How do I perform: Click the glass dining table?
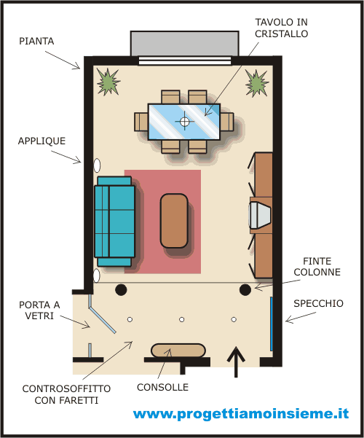pyautogui.click(x=184, y=122)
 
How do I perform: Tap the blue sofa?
pyautogui.click(x=115, y=222)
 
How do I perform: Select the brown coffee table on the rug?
pyautogui.click(x=174, y=221)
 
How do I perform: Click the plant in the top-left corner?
pyautogui.click(x=108, y=82)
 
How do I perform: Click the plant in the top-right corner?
pyautogui.click(x=257, y=83)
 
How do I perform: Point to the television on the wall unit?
pyautogui.click(x=260, y=214)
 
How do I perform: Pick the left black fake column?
pyautogui.click(x=121, y=289)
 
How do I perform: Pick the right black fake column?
pyautogui.click(x=245, y=289)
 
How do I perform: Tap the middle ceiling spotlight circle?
pyautogui.click(x=182, y=319)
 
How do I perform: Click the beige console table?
pyautogui.click(x=178, y=351)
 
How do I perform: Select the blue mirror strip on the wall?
pyautogui.click(x=271, y=324)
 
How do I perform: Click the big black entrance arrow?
pyautogui.click(x=236, y=362)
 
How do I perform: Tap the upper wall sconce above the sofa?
pyautogui.click(x=97, y=165)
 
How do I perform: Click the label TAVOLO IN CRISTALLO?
pyautogui.click(x=282, y=28)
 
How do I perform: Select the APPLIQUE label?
pyautogui.click(x=42, y=141)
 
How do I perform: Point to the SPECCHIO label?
pyautogui.click(x=319, y=303)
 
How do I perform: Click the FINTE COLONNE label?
pyautogui.click(x=317, y=267)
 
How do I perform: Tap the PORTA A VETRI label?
pyautogui.click(x=39, y=310)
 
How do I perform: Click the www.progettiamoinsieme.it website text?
pyautogui.click(x=241, y=413)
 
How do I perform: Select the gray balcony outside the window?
pyautogui.click(x=184, y=44)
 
